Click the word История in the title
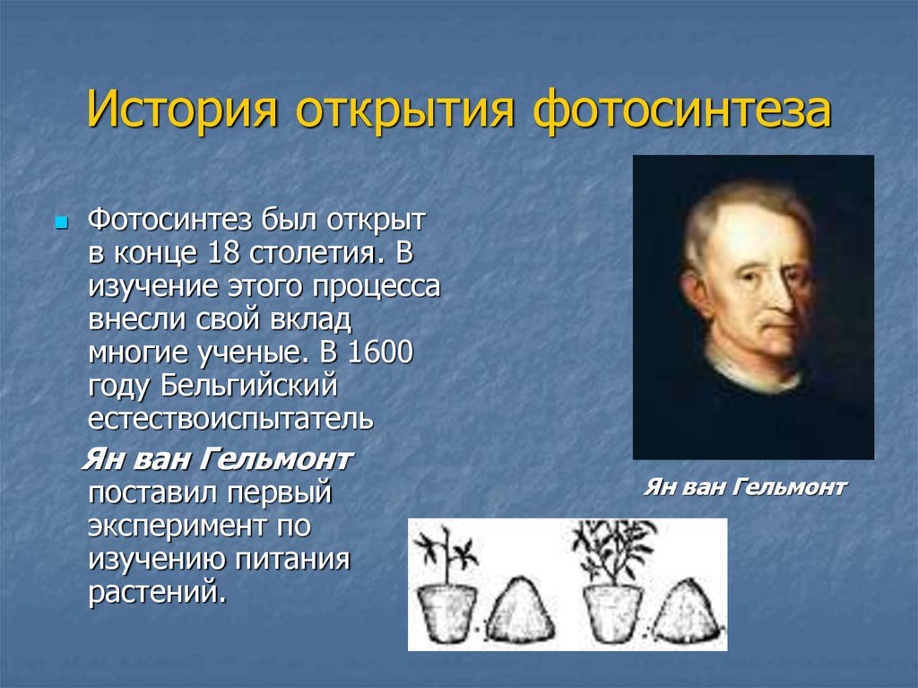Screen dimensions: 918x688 click(x=182, y=109)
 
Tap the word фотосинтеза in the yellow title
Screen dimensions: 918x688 click(x=682, y=109)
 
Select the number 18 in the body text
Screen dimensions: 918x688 click(x=223, y=253)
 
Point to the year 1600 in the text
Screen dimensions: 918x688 click(x=380, y=353)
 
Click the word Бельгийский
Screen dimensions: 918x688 click(x=248, y=387)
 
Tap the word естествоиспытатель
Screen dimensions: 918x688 click(x=230, y=419)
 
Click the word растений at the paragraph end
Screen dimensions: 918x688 click(x=157, y=593)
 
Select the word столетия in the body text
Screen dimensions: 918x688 click(x=318, y=253)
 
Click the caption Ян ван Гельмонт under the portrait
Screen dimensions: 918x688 click(x=745, y=487)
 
